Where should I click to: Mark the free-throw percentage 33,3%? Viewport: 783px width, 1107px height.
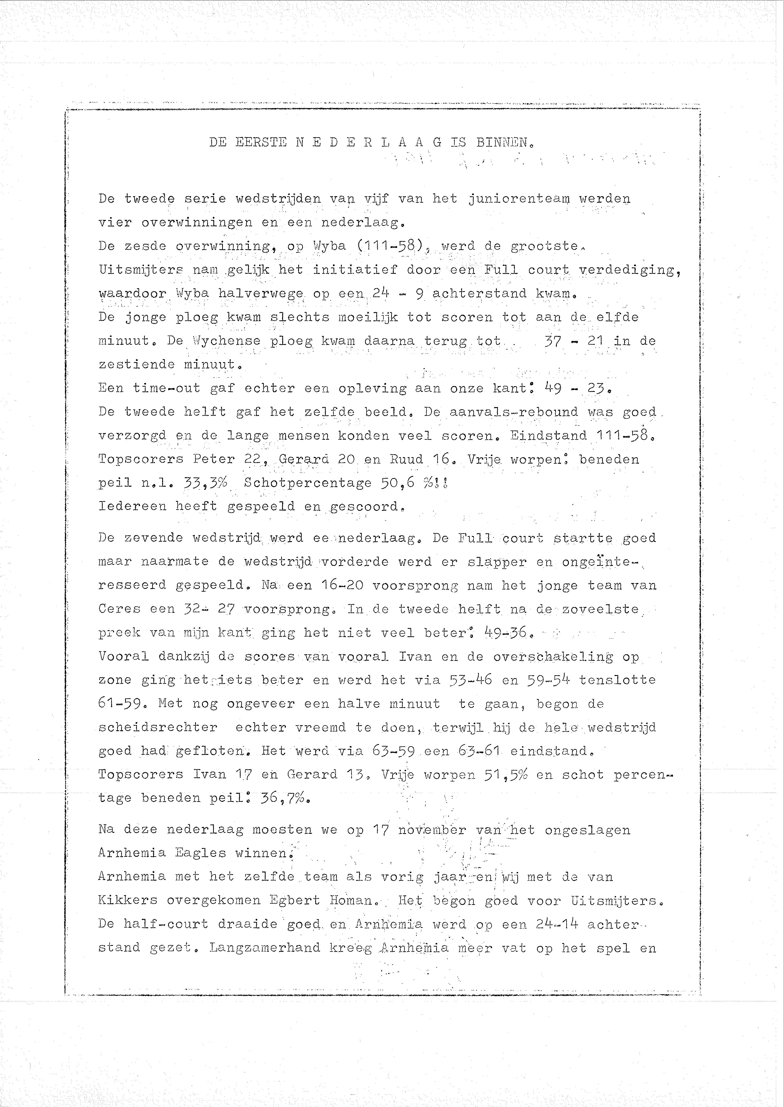(x=205, y=483)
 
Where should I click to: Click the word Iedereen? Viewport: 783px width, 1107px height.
(x=132, y=506)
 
